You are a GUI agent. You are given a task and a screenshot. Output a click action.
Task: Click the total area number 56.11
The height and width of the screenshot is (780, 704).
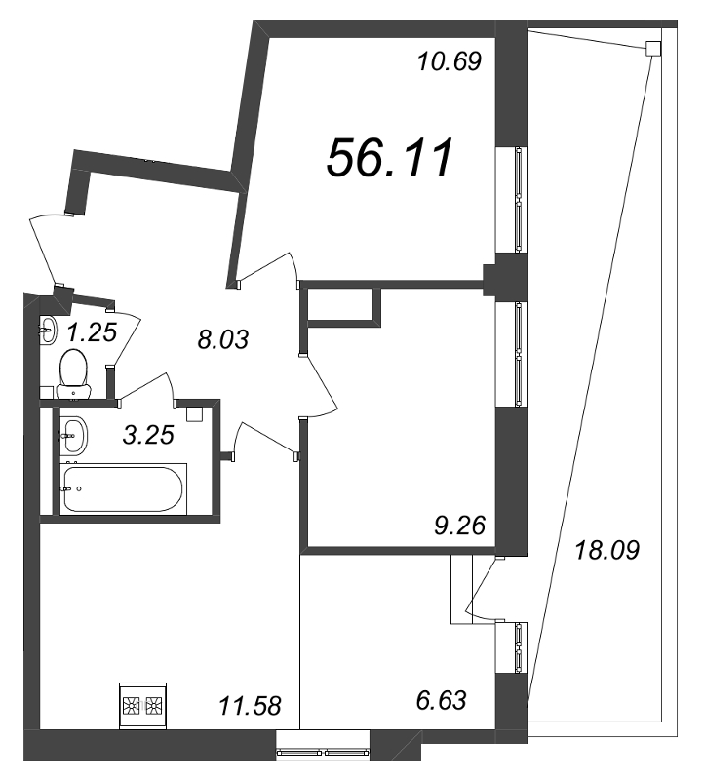pos(389,158)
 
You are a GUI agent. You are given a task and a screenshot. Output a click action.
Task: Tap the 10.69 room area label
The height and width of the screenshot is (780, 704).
pos(450,62)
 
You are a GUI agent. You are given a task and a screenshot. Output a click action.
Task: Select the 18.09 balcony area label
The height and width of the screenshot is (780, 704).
pos(607,550)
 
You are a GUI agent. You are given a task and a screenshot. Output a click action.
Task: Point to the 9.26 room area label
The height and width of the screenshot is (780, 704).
pos(459,526)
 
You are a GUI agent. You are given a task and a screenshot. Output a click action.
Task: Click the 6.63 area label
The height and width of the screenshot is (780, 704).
pos(442,700)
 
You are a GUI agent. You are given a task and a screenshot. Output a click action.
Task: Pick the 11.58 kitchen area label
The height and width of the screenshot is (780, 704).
pos(250,705)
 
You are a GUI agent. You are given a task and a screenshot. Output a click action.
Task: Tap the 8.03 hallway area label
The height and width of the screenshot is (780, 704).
pos(222,340)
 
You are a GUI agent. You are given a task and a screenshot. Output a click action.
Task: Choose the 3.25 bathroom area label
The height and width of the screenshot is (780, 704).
pos(148,435)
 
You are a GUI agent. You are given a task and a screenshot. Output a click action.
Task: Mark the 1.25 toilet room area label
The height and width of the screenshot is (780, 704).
pos(92,332)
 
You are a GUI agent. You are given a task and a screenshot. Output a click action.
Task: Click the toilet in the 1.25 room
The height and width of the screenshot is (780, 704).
pos(74,373)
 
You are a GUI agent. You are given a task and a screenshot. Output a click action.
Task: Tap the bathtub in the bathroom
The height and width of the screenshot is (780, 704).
pos(123,489)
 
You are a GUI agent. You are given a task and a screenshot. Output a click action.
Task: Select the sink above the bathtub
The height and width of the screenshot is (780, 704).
pos(74,434)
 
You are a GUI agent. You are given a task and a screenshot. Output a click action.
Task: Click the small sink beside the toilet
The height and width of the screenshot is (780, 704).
pos(48,329)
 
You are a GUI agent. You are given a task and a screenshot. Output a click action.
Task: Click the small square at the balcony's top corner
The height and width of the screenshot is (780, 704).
pos(653,48)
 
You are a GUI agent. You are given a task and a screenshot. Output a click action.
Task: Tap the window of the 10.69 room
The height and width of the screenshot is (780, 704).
pos(511,200)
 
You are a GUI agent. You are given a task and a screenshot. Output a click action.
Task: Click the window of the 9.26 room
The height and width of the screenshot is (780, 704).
pos(511,354)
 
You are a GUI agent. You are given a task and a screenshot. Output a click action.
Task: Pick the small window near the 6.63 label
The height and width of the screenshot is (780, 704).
pos(511,646)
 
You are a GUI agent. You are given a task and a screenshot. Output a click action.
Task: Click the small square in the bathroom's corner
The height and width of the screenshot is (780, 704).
pos(193,411)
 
